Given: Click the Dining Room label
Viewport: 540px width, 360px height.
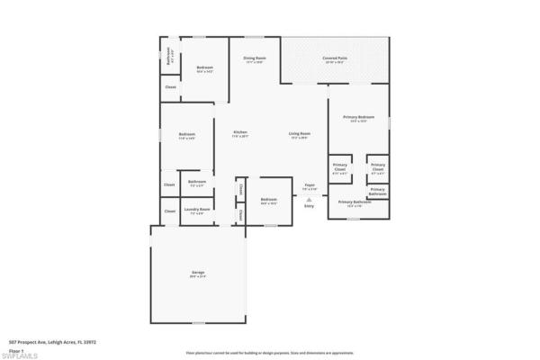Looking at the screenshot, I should click(x=254, y=59).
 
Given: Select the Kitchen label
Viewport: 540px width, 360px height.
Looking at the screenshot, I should click(x=240, y=134).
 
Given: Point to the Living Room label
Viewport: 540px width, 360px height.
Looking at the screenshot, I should click(x=300, y=135).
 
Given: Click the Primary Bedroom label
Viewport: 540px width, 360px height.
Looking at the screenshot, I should click(x=358, y=118).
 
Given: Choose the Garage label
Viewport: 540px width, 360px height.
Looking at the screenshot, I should click(x=197, y=274).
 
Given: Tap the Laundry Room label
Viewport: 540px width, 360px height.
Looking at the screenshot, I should click(x=197, y=211).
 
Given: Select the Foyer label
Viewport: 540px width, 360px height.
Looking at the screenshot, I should click(x=309, y=186).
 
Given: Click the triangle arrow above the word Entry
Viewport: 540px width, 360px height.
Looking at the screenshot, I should click(x=309, y=199).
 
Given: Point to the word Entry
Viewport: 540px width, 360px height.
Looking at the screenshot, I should click(x=309, y=206).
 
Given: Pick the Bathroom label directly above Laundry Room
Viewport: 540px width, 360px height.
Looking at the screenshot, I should click(x=197, y=183).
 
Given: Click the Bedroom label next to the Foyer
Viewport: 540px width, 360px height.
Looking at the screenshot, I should click(x=268, y=200).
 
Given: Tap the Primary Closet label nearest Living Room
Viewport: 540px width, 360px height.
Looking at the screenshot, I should click(x=339, y=166).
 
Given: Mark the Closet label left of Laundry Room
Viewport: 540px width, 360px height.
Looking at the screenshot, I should click(x=169, y=211).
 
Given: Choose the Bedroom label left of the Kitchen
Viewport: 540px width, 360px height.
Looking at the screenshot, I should click(x=186, y=136).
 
